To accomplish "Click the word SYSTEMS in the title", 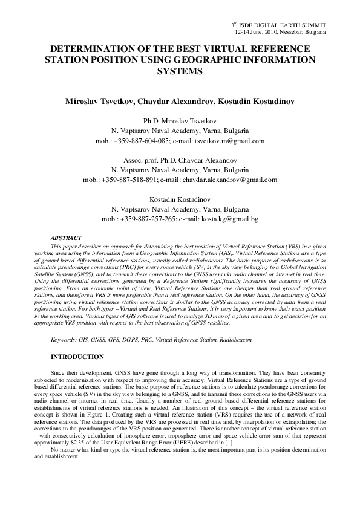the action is [180, 71].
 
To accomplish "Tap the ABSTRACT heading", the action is [66, 239].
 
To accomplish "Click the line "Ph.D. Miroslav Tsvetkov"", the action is [180, 122].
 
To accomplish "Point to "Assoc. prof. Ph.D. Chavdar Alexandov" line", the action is [180, 160].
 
